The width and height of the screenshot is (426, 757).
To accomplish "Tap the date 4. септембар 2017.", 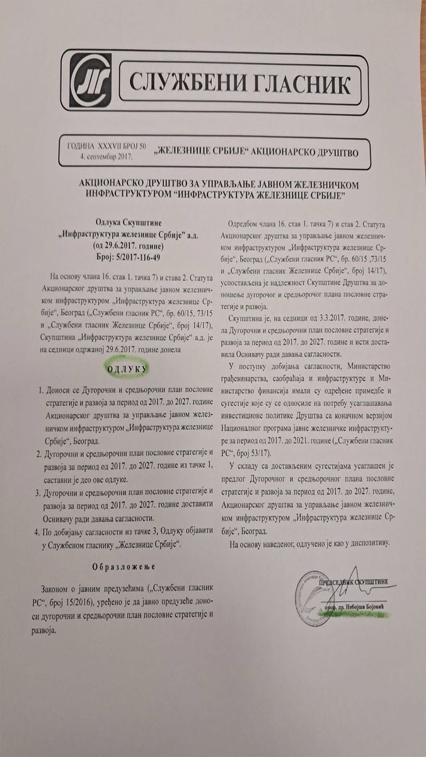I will coord(103,155).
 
